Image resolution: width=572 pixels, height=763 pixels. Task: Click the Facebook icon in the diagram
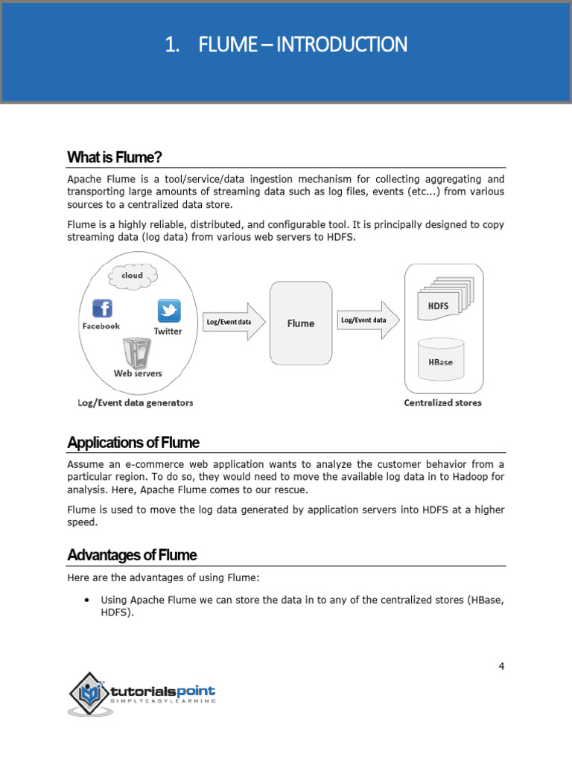pyautogui.click(x=101, y=308)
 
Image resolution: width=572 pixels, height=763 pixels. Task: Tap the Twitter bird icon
pyautogui.click(x=168, y=311)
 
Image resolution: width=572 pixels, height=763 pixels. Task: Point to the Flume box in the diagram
pyautogui.click(x=301, y=323)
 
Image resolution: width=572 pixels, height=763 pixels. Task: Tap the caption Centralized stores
pyautogui.click(x=442, y=403)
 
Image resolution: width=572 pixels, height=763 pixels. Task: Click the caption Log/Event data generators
pyautogui.click(x=135, y=403)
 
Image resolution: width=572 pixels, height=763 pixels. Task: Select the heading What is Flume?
pyautogui.click(x=115, y=157)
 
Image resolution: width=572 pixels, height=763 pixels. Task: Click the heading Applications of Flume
pyautogui.click(x=133, y=443)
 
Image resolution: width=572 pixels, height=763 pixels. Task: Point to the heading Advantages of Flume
pyautogui.click(x=132, y=555)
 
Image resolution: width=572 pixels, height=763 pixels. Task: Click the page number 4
pyautogui.click(x=501, y=666)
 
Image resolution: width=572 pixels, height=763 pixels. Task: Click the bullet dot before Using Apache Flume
pyautogui.click(x=88, y=600)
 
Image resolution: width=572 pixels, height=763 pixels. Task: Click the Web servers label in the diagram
pyautogui.click(x=138, y=373)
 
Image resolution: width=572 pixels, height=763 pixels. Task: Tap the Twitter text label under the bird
pyautogui.click(x=168, y=332)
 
